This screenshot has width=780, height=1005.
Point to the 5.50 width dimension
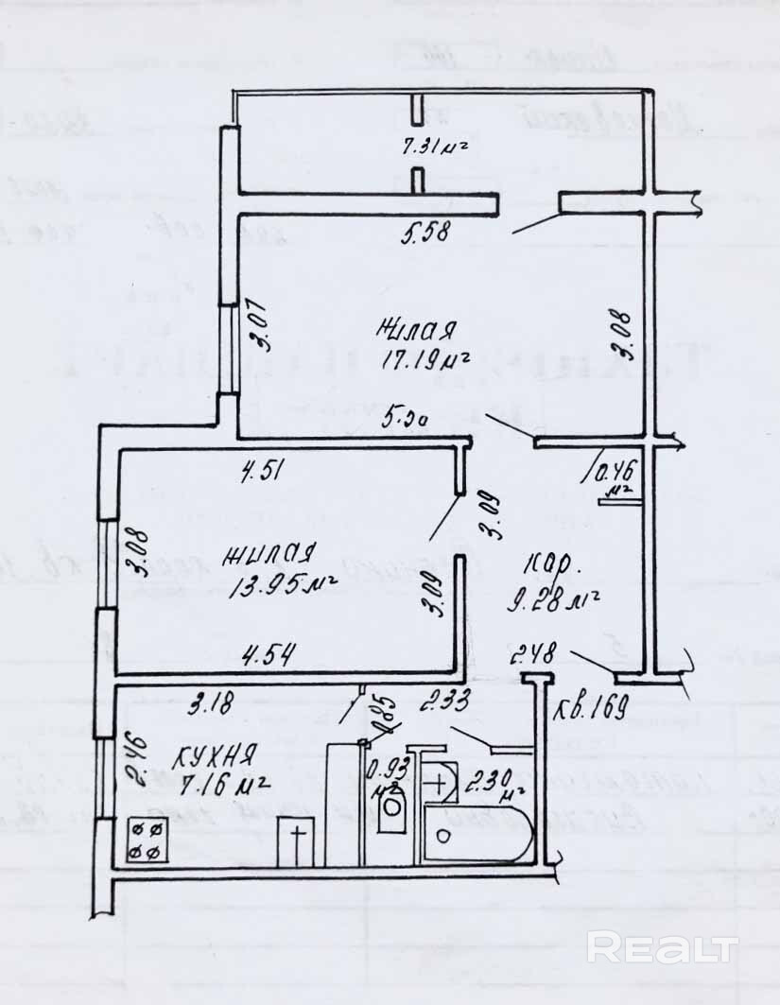[x=406, y=415]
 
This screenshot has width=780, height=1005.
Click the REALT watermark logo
[x=661, y=946]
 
